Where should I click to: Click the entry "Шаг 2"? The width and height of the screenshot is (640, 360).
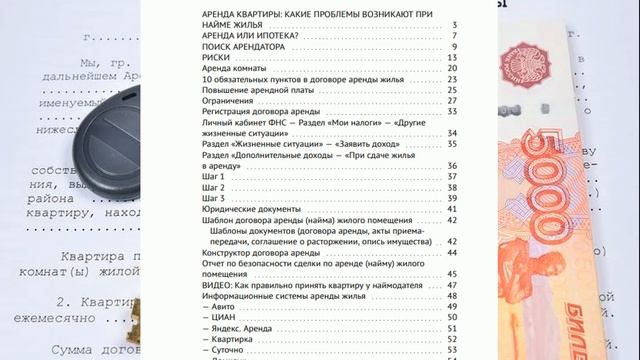point(214,187)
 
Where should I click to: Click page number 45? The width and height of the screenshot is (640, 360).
point(453,273)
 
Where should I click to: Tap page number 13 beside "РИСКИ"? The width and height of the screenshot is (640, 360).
point(453,58)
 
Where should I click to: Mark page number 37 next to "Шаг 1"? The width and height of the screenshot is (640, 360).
point(453,176)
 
